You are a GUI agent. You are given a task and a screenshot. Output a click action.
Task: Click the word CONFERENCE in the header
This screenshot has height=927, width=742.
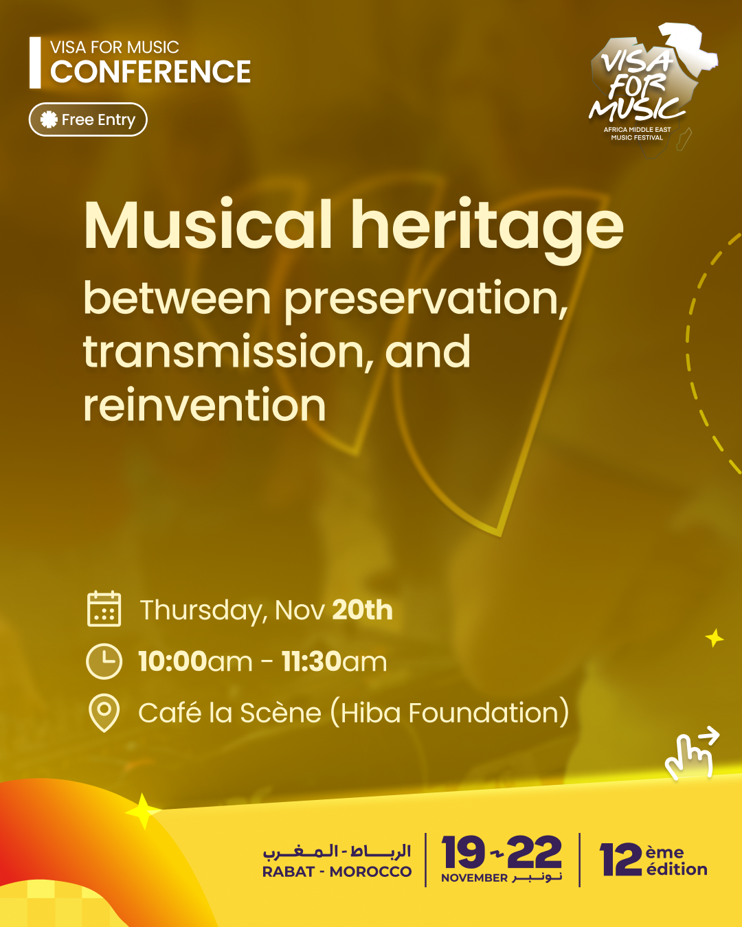tap(150, 71)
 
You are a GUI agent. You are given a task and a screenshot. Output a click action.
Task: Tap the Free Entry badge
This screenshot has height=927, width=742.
tap(88, 119)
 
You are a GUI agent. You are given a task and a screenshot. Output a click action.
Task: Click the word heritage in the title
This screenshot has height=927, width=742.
tap(488, 231)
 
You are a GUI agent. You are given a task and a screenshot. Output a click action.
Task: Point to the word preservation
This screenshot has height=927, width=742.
tap(425, 300)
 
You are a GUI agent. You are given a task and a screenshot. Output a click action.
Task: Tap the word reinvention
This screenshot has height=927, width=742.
tap(204, 404)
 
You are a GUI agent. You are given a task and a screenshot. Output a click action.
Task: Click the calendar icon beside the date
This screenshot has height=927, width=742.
tap(104, 608)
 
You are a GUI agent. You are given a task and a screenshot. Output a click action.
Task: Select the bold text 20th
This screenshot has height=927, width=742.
tap(362, 610)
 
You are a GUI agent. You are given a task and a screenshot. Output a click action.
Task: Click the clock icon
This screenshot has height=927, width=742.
tap(104, 661)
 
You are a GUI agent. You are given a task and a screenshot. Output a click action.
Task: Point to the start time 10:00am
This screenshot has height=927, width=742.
tap(195, 662)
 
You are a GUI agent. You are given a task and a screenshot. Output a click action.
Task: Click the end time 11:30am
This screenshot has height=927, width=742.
tap(334, 662)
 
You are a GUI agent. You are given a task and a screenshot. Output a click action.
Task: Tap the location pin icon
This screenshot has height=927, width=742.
tap(104, 713)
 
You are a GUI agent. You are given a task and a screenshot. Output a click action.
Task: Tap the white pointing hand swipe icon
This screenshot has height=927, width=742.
tap(690, 753)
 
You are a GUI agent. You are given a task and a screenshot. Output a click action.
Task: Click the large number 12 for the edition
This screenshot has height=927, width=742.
tap(621, 860)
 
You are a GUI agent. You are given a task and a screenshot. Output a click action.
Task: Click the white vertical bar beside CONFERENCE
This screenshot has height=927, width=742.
tap(35, 62)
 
